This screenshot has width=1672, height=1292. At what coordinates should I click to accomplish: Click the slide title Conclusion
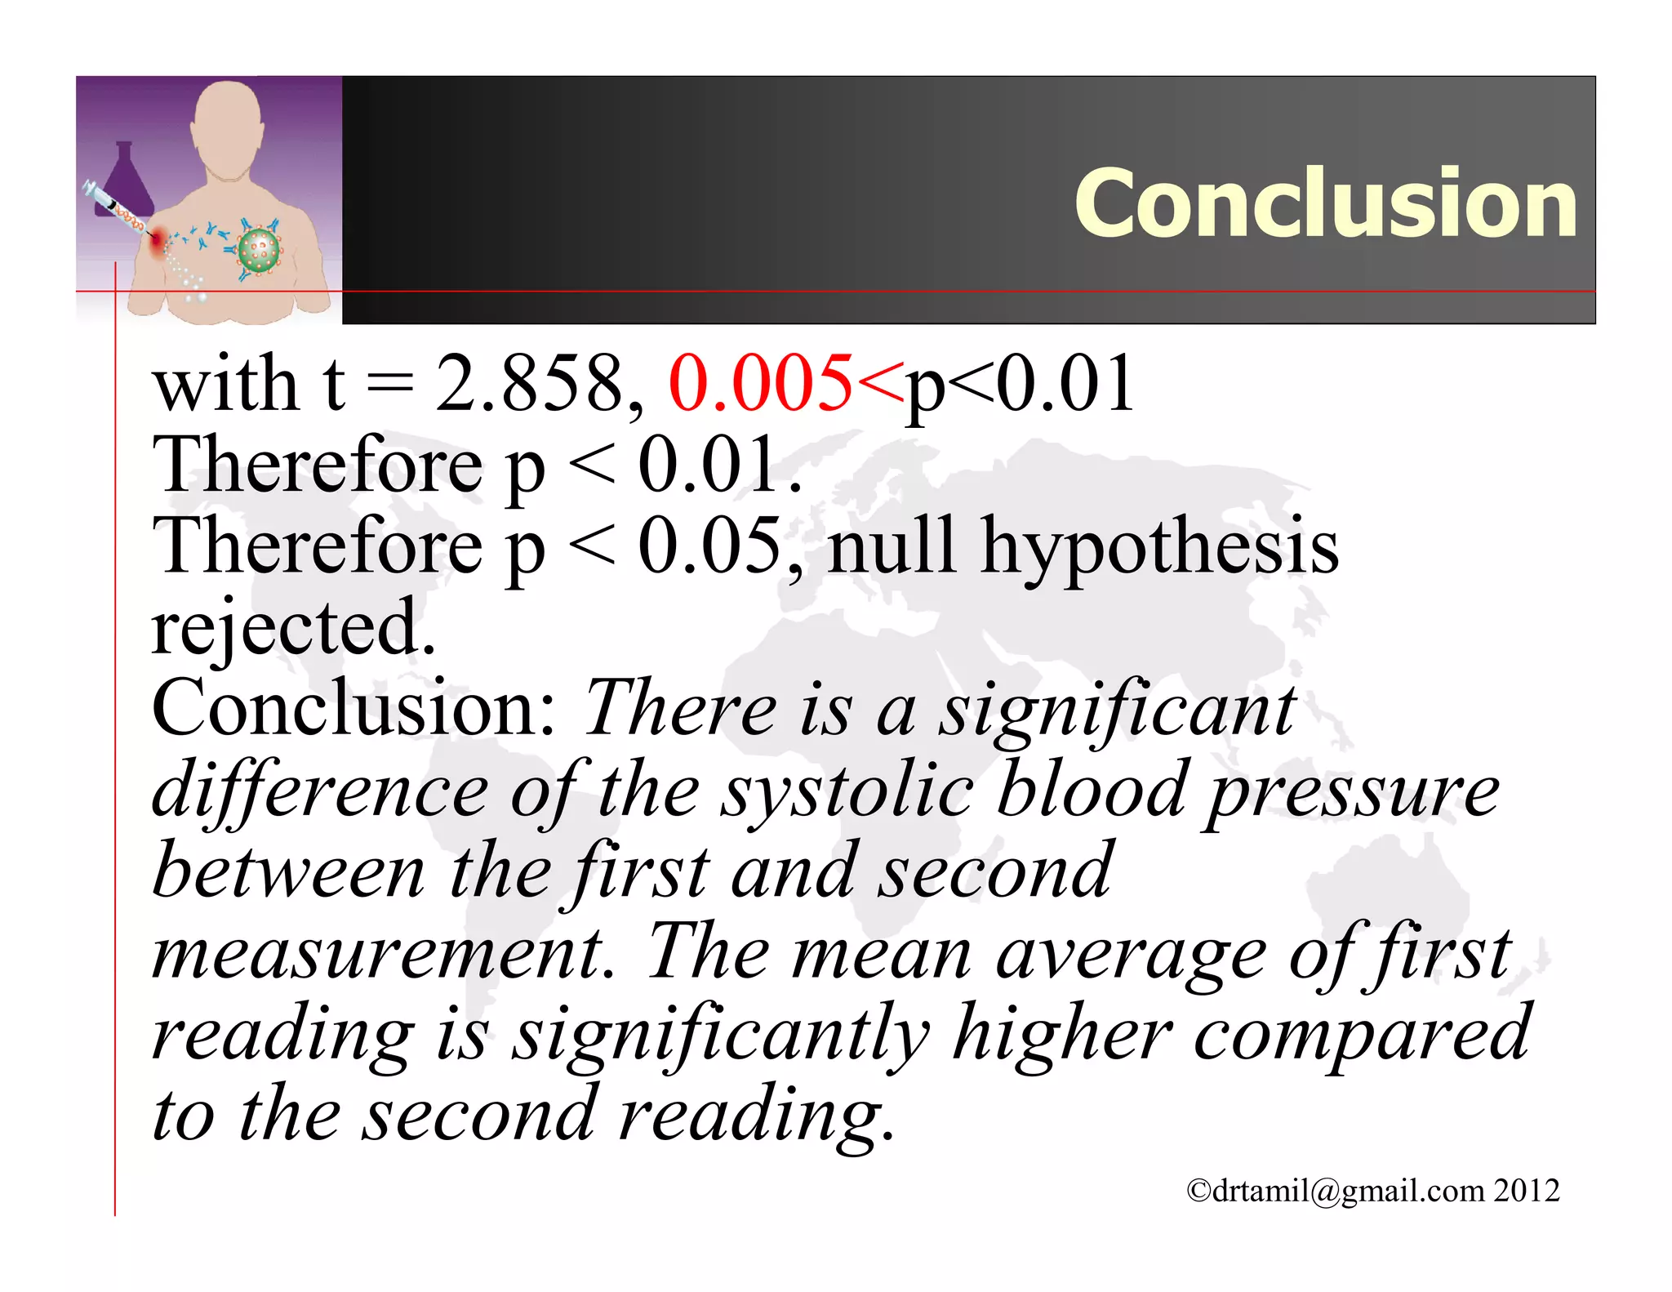tap(1325, 203)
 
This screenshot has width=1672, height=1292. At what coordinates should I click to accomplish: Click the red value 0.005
tap(760, 383)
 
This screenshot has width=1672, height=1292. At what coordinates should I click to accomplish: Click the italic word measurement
tap(382, 953)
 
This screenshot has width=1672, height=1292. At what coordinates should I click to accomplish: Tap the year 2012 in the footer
tap(1527, 1190)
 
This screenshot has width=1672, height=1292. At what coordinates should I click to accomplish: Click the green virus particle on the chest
tap(259, 251)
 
